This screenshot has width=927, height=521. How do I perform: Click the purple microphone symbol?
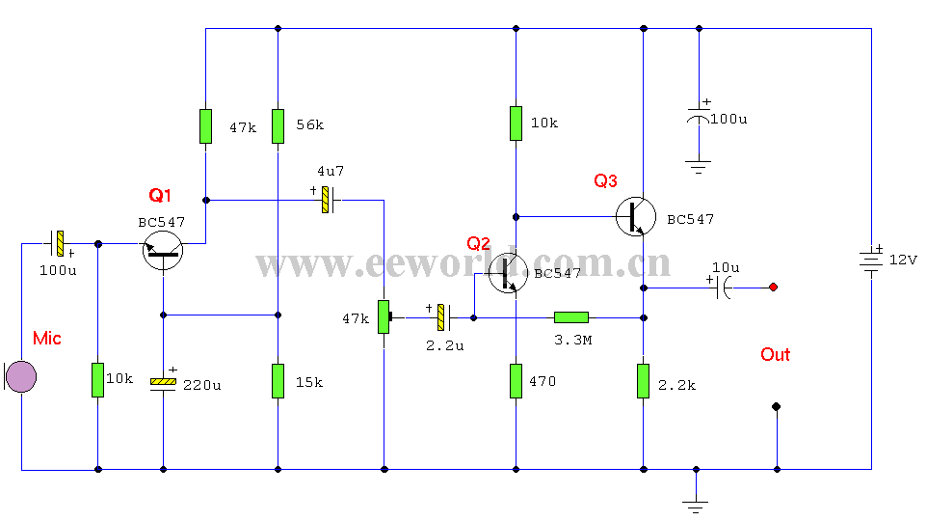[20, 376]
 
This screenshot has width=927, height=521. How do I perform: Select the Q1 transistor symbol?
[163, 251]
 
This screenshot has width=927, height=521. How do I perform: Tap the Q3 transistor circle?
[636, 217]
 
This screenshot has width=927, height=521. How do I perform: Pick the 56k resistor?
[278, 126]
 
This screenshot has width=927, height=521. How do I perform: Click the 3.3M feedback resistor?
[571, 318]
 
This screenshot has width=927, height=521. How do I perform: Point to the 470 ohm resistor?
[516, 381]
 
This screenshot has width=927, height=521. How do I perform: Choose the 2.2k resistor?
[644, 381]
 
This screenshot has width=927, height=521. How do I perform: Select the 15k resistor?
[278, 381]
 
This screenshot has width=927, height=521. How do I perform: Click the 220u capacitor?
[163, 383]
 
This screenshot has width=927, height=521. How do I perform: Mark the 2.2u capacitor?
[443, 317]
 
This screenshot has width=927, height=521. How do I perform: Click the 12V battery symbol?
[871, 261]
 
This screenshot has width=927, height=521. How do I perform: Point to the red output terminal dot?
[773, 288]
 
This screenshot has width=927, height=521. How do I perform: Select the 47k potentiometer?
[385, 316]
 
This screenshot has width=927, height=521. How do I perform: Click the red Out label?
[775, 355]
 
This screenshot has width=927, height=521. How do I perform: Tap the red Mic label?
[46, 338]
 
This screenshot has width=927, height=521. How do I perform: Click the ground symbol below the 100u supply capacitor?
[699, 166]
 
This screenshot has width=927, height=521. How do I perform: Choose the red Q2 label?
[478, 243]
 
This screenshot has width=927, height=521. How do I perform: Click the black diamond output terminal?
[777, 407]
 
